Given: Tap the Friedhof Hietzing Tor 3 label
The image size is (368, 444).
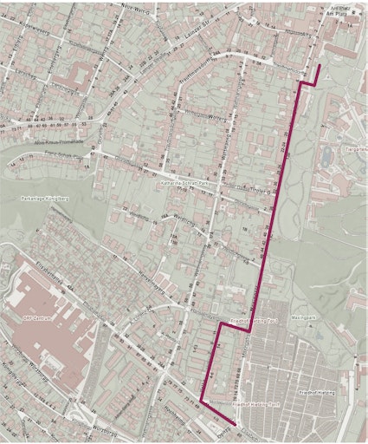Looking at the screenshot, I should (257, 319).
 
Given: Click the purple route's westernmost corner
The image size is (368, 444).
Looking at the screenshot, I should (202, 401).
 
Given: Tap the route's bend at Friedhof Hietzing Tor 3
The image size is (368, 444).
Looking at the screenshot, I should (249, 330).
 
